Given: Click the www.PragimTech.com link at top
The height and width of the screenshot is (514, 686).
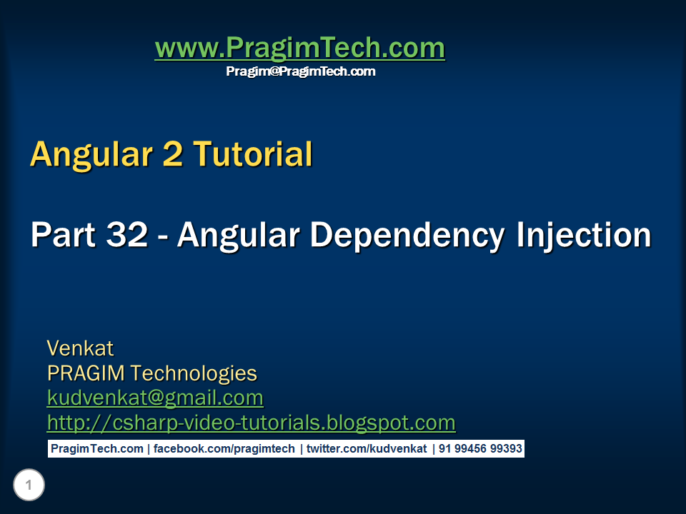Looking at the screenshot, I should click(299, 49).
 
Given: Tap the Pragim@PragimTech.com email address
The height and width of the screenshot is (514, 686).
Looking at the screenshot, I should click(300, 71).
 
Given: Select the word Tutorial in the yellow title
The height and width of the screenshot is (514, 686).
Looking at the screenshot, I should click(253, 154).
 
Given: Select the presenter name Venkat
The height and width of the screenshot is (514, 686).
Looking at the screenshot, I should click(80, 348).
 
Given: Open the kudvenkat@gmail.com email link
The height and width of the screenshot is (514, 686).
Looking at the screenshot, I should click(155, 398).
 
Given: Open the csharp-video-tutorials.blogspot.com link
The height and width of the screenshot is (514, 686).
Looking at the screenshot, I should click(251, 423).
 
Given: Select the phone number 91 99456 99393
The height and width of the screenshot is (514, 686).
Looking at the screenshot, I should click(480, 449).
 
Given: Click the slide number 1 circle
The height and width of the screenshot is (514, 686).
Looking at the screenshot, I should click(29, 486).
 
